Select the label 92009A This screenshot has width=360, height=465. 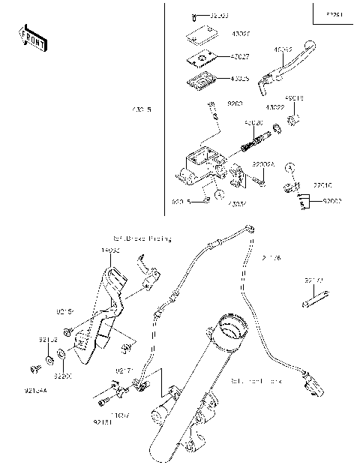(262, 163)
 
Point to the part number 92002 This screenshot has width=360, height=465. (332, 202)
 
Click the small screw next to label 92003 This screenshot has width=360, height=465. (193, 16)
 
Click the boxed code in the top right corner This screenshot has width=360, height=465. (332, 14)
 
